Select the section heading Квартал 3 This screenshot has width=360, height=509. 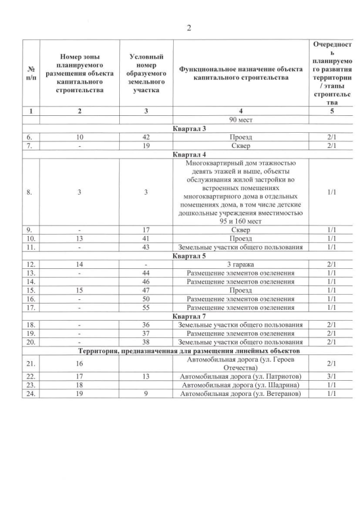pyautogui.click(x=189, y=129)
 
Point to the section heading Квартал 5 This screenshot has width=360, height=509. pyautogui.click(x=189, y=255)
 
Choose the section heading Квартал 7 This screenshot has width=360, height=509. pyautogui.click(x=189, y=316)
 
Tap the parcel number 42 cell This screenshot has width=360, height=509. pyautogui.click(x=146, y=137)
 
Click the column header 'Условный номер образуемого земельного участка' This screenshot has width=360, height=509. pyautogui.click(x=146, y=73)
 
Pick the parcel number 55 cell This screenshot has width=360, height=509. pyautogui.click(x=146, y=308)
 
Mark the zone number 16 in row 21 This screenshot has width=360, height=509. pyautogui.click(x=80, y=364)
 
